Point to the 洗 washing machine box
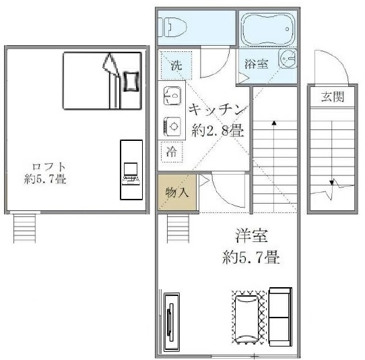click(x=175, y=66)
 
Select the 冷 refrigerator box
click(x=173, y=152)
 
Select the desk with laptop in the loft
click(x=131, y=169)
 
